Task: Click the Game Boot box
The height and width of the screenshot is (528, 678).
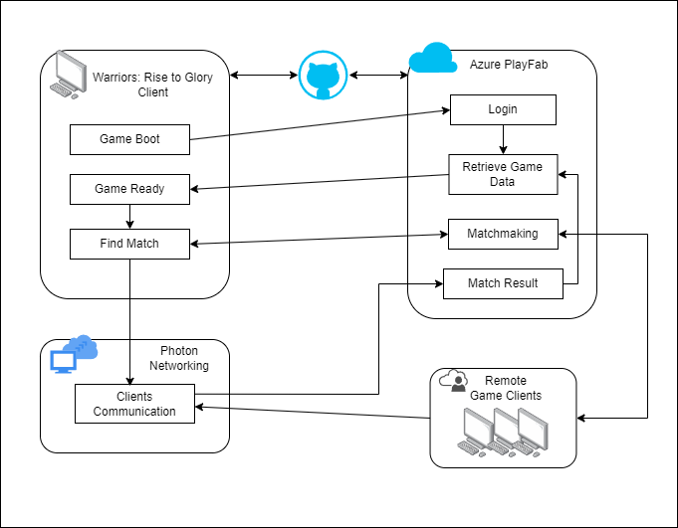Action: tap(129, 139)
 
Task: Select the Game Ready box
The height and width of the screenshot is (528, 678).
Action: tap(129, 189)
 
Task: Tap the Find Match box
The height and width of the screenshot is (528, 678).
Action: tap(129, 244)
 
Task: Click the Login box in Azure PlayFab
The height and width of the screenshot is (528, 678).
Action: tap(503, 109)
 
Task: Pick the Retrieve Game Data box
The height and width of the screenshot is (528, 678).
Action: tap(503, 174)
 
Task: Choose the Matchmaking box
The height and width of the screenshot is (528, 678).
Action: tap(503, 234)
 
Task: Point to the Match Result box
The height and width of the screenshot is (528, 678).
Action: tap(503, 283)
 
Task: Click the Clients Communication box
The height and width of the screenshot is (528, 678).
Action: tap(134, 404)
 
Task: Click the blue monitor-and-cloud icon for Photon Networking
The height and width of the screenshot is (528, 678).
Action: tap(73, 354)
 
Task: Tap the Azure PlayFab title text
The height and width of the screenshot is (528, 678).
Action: tap(509, 65)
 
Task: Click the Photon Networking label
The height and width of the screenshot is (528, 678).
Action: tap(179, 358)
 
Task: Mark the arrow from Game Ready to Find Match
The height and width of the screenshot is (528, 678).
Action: tap(129, 216)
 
